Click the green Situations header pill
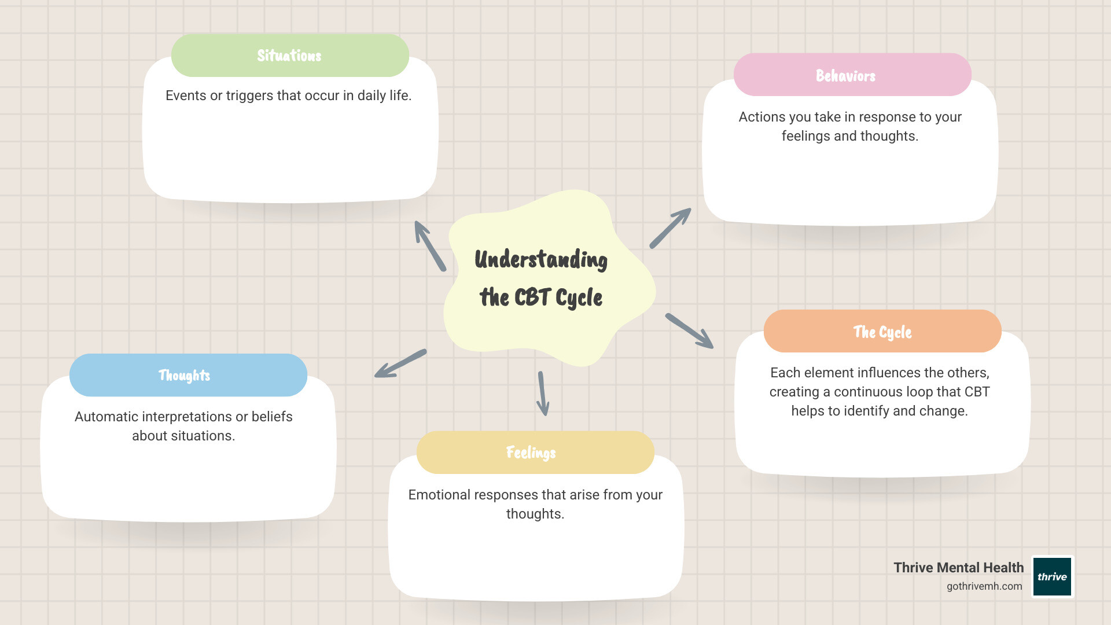(290, 56)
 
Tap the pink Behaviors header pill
(852, 75)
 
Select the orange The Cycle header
(882, 332)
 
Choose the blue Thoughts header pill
(188, 375)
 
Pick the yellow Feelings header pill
(535, 453)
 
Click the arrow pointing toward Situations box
(429, 246)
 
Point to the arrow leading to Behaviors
(670, 228)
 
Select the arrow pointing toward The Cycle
(689, 331)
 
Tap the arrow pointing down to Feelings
(543, 394)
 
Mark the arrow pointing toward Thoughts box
(400, 364)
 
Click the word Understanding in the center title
(541, 260)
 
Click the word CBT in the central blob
(532, 297)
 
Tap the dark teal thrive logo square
(1052, 576)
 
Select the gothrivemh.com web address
(984, 586)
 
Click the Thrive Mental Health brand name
(958, 568)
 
